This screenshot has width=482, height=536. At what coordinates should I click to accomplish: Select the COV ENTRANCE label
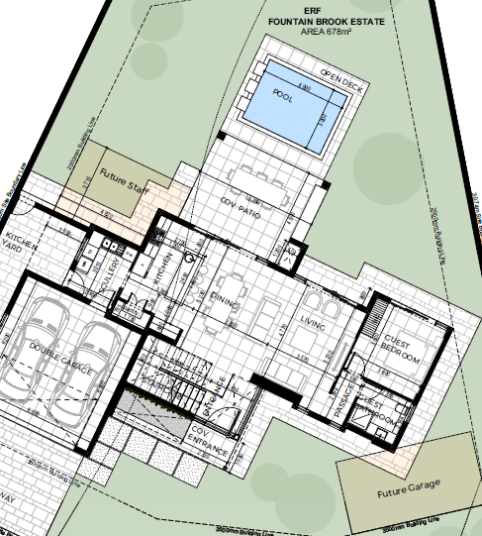point(211,446)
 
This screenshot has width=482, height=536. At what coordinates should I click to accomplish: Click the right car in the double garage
point(96,357)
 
